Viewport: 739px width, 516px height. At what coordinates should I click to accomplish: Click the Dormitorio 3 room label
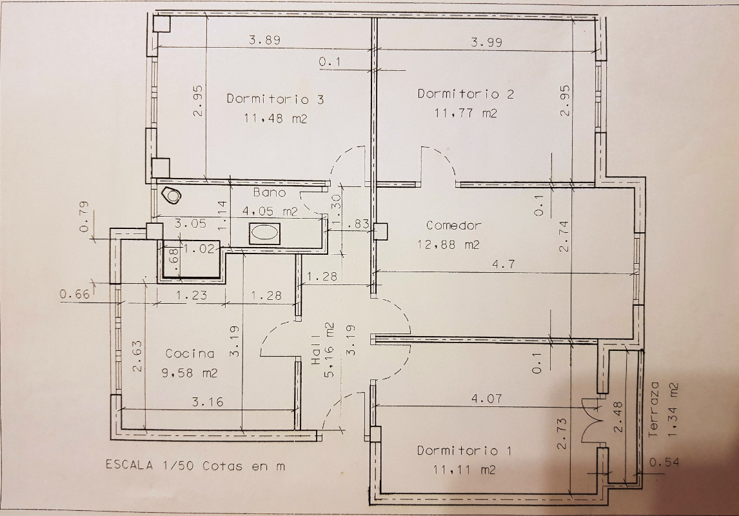tap(275, 99)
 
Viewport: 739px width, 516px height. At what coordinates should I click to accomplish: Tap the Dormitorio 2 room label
tap(466, 94)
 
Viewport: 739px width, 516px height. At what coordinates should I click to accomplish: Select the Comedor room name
tap(454, 225)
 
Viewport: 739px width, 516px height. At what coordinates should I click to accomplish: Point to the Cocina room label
tap(190, 353)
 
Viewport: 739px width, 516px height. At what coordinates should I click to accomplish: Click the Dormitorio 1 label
tap(464, 450)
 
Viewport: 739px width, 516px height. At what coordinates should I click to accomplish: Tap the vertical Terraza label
tap(653, 410)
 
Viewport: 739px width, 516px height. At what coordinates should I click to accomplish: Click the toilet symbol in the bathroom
tap(170, 195)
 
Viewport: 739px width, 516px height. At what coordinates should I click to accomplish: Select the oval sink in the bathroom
tap(264, 233)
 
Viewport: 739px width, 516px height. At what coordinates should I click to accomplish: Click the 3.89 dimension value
tap(265, 40)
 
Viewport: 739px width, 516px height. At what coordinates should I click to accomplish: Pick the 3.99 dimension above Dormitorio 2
tap(487, 43)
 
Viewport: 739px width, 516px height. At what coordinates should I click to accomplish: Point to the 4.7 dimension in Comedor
tap(504, 264)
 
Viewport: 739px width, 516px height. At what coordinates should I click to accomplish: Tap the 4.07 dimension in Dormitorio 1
tap(487, 399)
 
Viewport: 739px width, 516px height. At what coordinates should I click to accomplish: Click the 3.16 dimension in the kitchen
tap(208, 402)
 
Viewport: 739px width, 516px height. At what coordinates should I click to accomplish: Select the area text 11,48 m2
tap(276, 118)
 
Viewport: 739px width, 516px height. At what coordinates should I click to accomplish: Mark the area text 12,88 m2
tap(449, 244)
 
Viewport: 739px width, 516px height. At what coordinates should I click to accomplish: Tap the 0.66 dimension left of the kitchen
tap(75, 295)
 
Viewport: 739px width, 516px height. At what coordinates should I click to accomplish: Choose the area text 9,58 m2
tap(190, 373)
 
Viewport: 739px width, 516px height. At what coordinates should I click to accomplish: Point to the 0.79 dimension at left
tap(84, 217)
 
